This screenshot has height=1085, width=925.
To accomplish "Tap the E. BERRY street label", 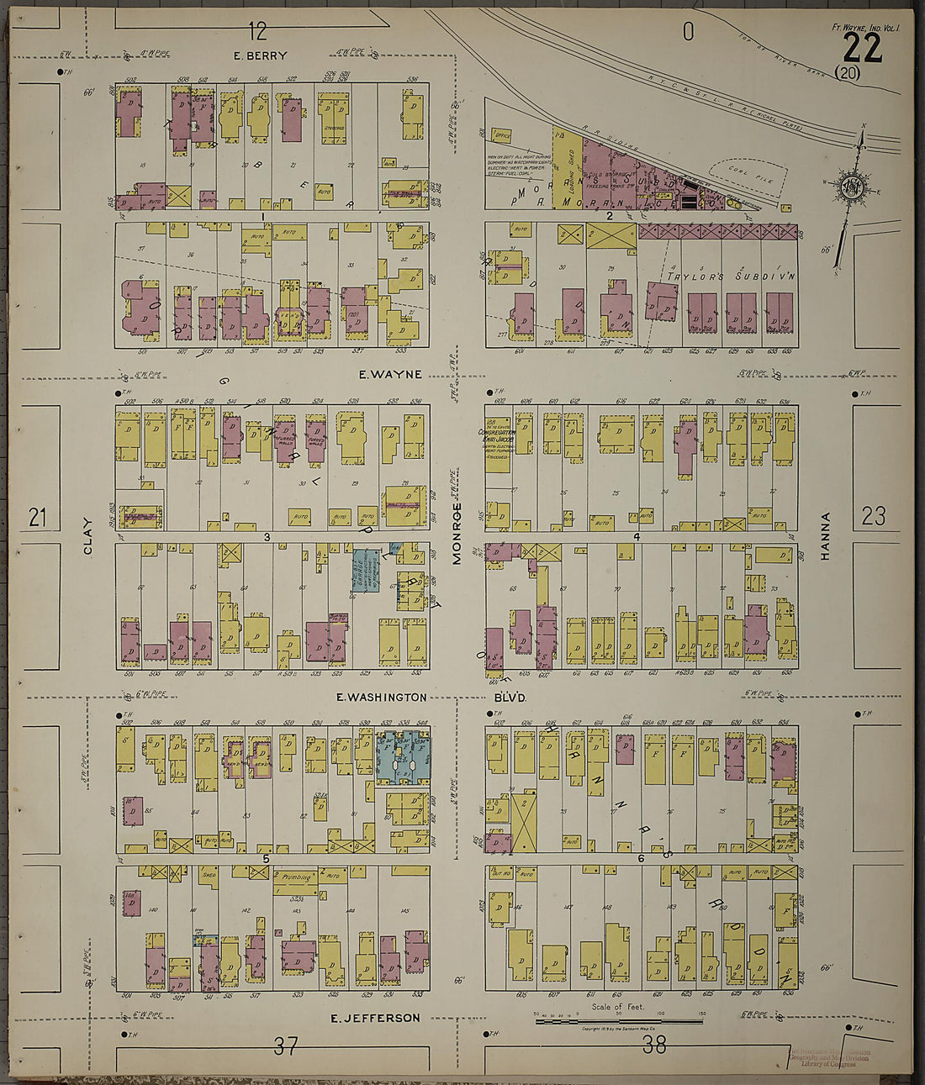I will click(260, 55).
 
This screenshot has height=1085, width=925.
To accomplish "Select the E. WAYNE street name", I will click(390, 375).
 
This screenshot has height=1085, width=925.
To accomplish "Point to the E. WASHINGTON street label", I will click(381, 697).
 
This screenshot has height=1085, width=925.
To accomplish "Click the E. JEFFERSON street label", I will click(374, 1018).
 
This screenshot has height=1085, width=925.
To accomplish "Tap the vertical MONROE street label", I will click(458, 532).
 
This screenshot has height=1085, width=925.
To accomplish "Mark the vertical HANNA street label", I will click(825, 536).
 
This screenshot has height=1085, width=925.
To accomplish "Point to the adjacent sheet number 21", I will click(37, 517).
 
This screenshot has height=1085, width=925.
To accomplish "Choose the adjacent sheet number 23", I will click(874, 515).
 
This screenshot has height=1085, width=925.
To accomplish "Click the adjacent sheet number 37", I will click(286, 1046).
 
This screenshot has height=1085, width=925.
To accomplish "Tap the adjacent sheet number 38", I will click(653, 1046).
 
